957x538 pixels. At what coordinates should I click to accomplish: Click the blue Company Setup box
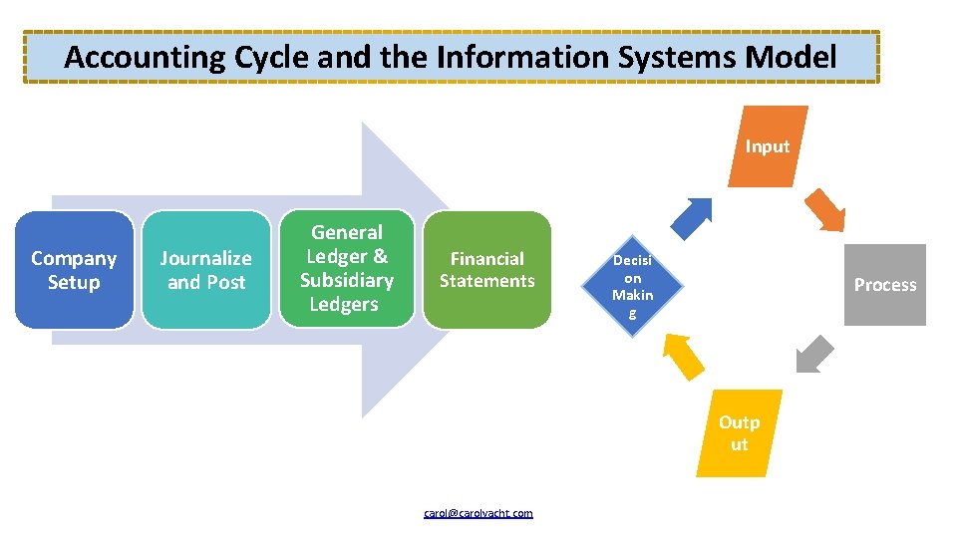(74, 270)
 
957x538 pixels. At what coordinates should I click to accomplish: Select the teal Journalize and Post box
(205, 270)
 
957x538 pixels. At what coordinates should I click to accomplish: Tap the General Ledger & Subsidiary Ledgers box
(346, 268)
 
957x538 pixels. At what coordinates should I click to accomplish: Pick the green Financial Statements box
(487, 270)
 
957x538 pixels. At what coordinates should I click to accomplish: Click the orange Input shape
(768, 146)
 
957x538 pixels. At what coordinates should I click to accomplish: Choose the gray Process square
(884, 285)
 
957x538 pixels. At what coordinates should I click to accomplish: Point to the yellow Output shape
(739, 433)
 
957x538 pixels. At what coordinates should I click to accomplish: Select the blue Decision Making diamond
(633, 286)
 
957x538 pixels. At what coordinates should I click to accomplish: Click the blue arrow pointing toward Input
(696, 213)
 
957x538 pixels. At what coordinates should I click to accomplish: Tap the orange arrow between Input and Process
(825, 209)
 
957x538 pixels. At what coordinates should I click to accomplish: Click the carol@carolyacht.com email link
(478, 513)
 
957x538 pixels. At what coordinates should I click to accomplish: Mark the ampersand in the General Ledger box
(380, 256)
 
